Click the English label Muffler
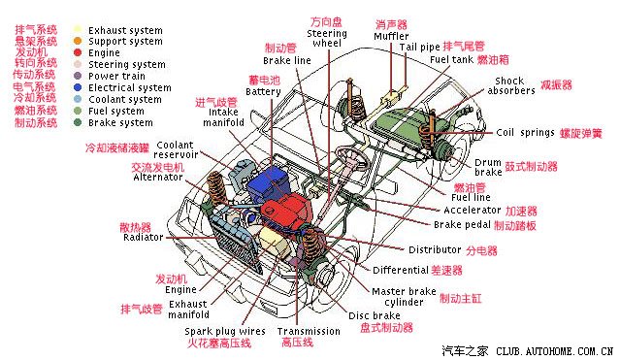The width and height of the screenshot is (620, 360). click(391, 36)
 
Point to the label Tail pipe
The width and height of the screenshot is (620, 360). click(419, 46)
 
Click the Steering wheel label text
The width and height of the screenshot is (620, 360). click(327, 38)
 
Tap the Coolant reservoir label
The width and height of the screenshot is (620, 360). click(176, 149)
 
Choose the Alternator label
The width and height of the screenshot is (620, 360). click(157, 178)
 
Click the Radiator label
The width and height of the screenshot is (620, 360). click(143, 237)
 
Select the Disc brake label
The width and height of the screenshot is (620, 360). click(374, 316)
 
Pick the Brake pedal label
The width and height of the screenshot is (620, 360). click(461, 224)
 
